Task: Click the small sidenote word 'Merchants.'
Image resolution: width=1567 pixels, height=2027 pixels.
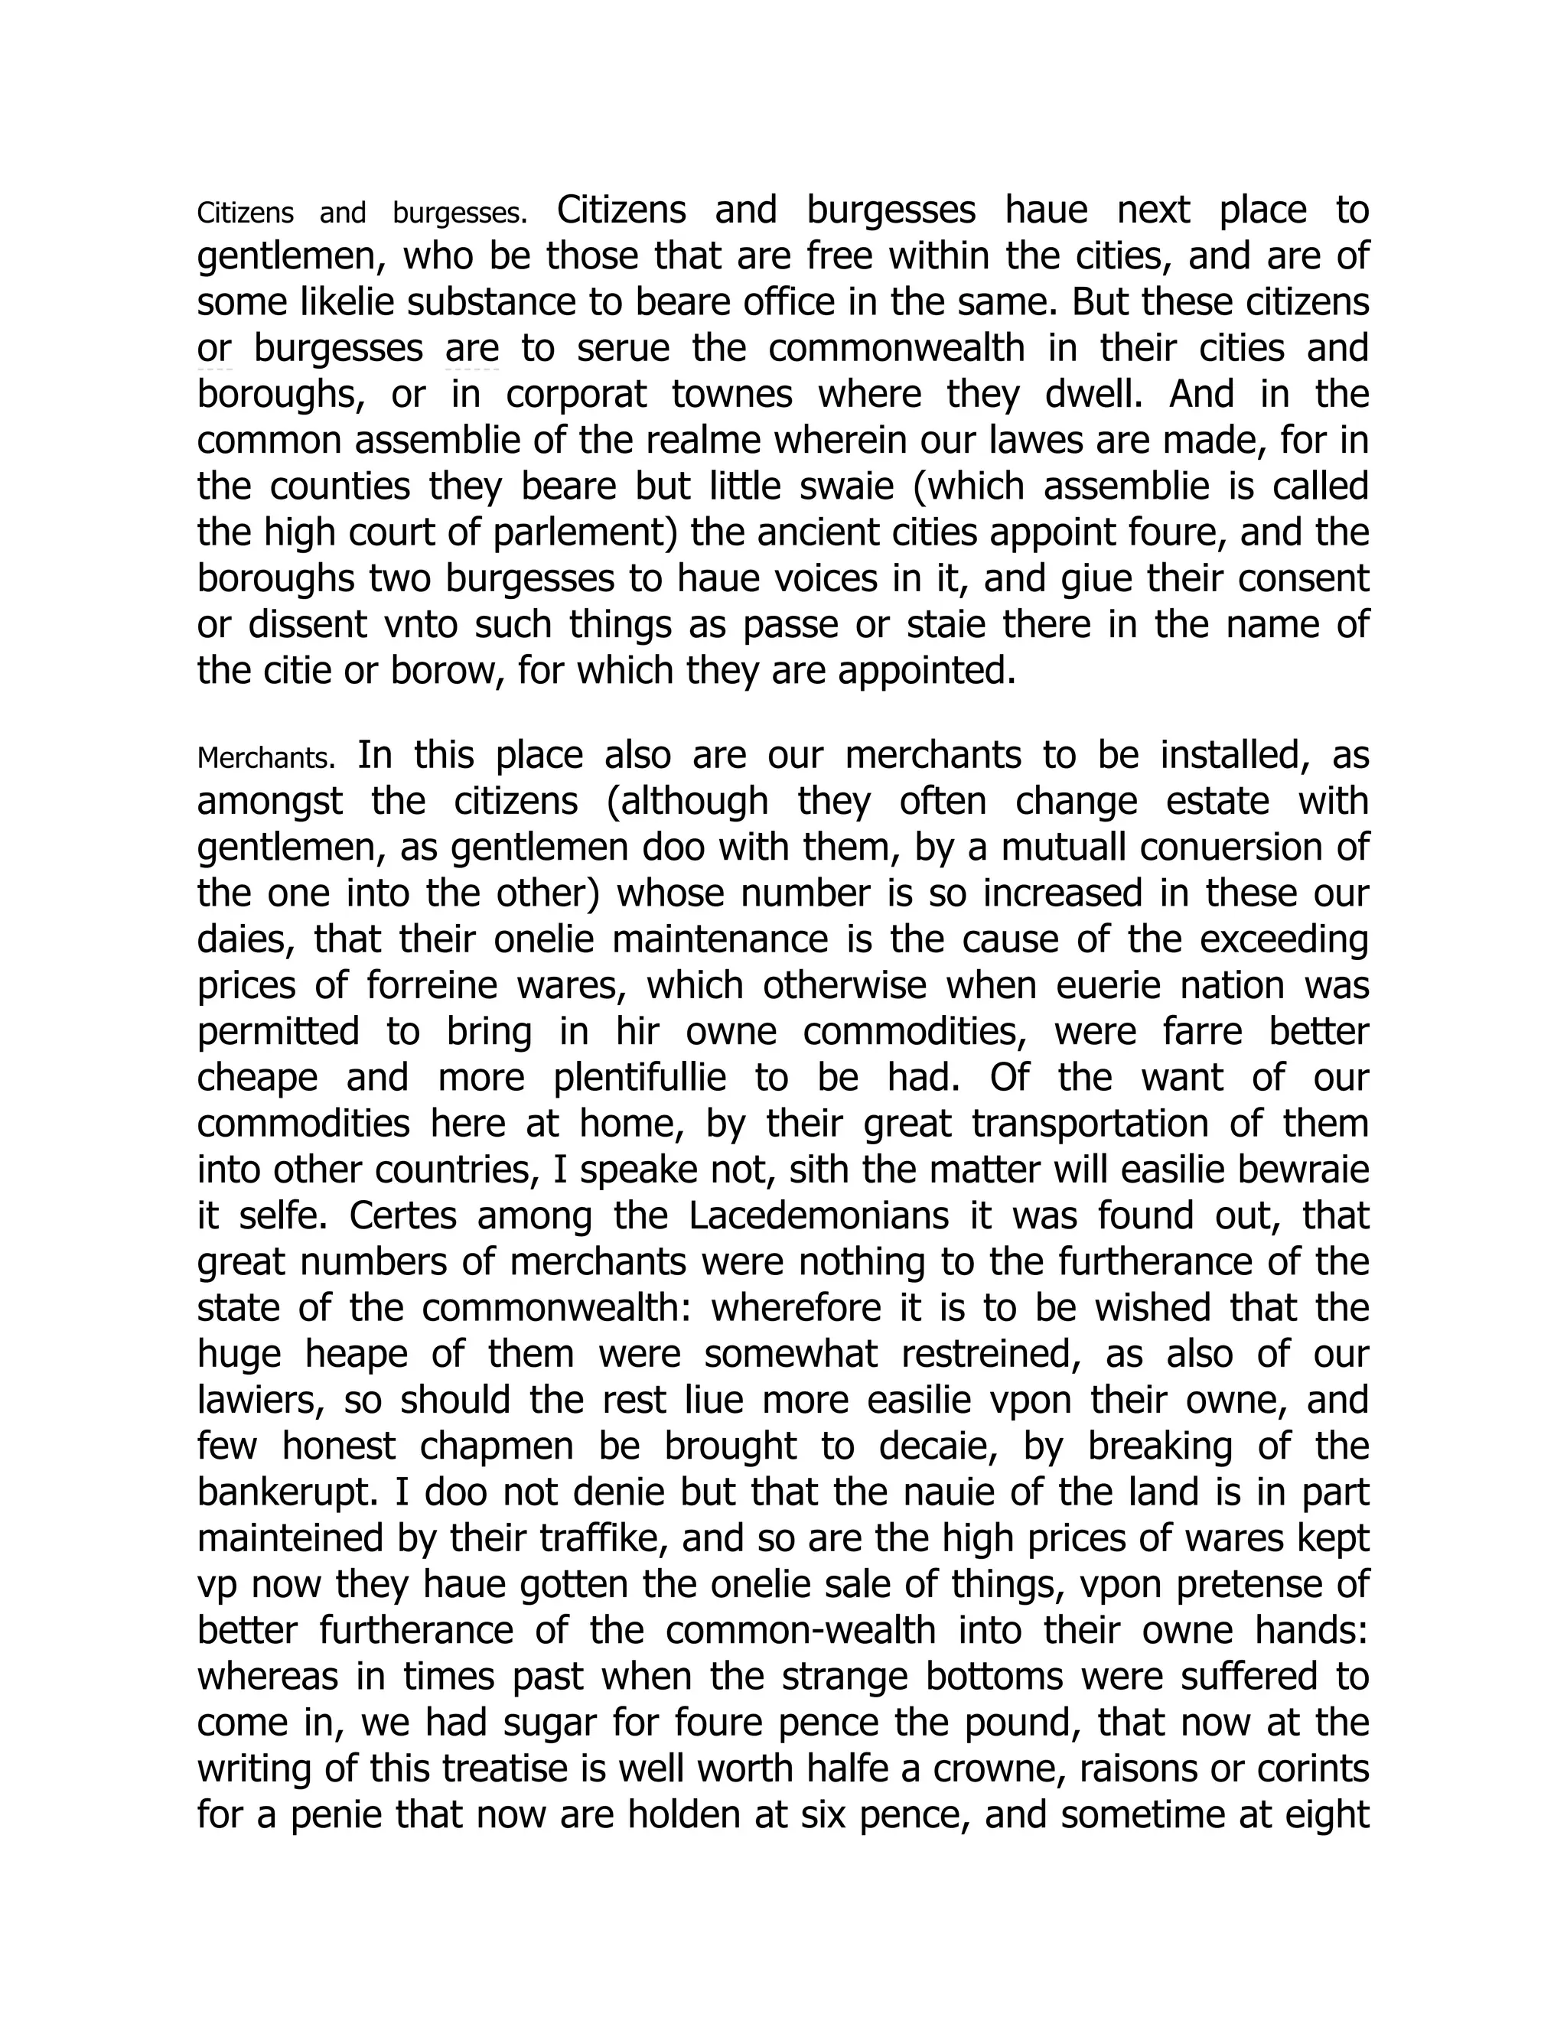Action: click(266, 758)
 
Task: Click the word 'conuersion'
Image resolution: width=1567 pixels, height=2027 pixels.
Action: click(1214, 848)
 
